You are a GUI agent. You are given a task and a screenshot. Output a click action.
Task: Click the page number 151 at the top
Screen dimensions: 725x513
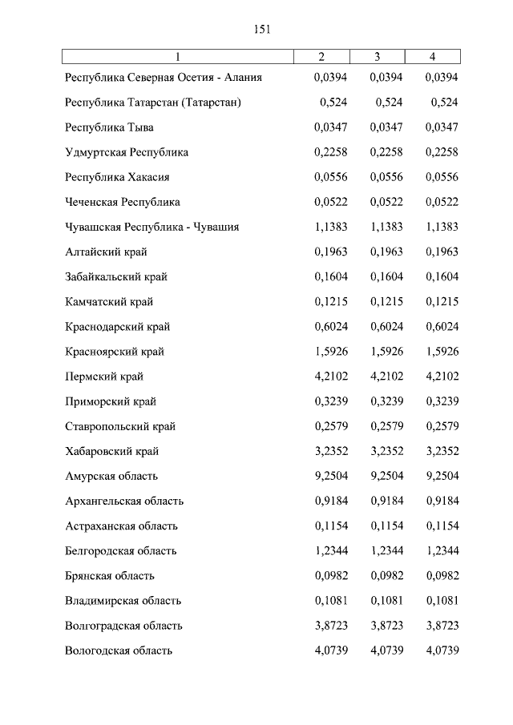(262, 30)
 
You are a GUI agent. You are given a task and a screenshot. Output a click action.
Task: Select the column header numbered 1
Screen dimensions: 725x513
(177, 56)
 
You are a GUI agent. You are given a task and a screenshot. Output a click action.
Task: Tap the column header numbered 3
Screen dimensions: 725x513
(377, 56)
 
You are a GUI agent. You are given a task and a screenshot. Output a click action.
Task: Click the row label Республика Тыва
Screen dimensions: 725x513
(109, 127)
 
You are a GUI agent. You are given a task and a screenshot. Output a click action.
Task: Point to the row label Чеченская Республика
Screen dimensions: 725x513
(123, 202)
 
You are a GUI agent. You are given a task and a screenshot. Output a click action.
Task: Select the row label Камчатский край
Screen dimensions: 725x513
(109, 302)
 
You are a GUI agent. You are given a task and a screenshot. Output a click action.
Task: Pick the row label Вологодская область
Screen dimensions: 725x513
(119, 650)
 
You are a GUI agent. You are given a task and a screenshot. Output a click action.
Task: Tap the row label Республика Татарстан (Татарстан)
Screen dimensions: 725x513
(153, 103)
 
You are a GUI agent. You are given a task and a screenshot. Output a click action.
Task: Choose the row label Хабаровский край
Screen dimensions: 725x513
(112, 451)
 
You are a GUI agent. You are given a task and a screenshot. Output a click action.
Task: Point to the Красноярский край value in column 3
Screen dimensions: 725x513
(386, 352)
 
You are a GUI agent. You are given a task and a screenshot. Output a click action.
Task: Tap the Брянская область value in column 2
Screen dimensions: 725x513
(331, 576)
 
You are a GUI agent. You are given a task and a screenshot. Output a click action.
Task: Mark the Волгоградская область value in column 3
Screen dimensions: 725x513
(386, 626)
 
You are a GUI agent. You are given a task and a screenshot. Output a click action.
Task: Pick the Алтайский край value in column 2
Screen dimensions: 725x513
(331, 252)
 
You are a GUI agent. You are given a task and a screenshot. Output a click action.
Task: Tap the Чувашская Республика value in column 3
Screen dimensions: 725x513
(386, 227)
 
